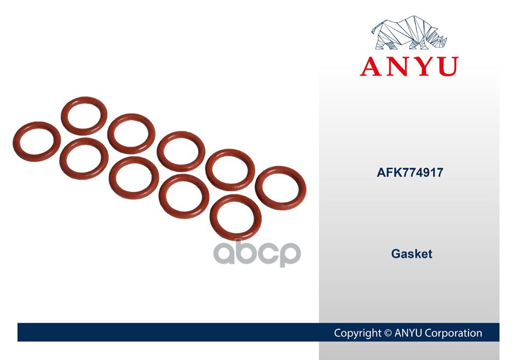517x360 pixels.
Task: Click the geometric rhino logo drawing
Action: coord(409,33)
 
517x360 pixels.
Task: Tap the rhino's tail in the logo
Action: coord(374,30)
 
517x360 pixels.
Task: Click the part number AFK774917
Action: coord(410,172)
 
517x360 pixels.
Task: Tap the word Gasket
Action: coord(411,254)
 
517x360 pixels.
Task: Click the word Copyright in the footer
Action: coord(358,333)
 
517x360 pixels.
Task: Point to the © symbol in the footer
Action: coord(388,333)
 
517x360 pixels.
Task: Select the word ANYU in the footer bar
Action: coord(408,333)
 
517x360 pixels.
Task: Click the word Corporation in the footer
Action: coord(453,333)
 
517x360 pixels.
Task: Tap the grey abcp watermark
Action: coord(257,254)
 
